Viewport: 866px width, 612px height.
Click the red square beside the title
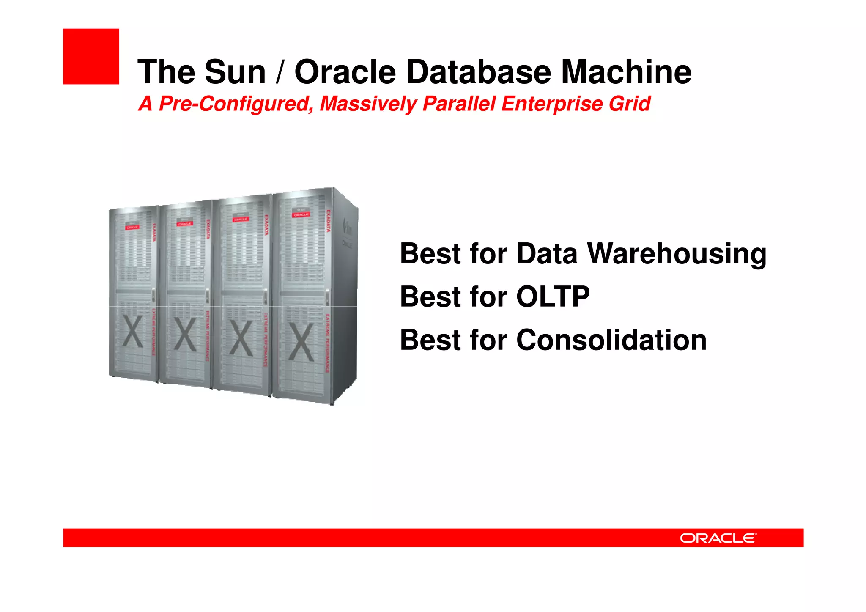[91, 56]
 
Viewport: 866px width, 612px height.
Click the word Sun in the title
[235, 72]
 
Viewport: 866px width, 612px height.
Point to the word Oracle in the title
[345, 72]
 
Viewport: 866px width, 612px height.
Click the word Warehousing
[677, 254]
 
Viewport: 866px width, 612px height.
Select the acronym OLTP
[553, 296]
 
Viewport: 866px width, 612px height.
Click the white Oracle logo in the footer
[718, 538]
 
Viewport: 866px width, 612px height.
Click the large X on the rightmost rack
[301, 342]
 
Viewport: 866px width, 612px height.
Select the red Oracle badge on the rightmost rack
[301, 215]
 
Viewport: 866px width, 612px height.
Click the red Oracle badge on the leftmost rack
[132, 227]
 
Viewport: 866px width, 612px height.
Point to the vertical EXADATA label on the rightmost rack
[329, 220]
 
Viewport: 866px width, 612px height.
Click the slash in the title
[280, 72]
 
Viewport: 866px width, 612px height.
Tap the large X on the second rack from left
[185, 335]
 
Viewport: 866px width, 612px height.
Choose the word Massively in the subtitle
[368, 104]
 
